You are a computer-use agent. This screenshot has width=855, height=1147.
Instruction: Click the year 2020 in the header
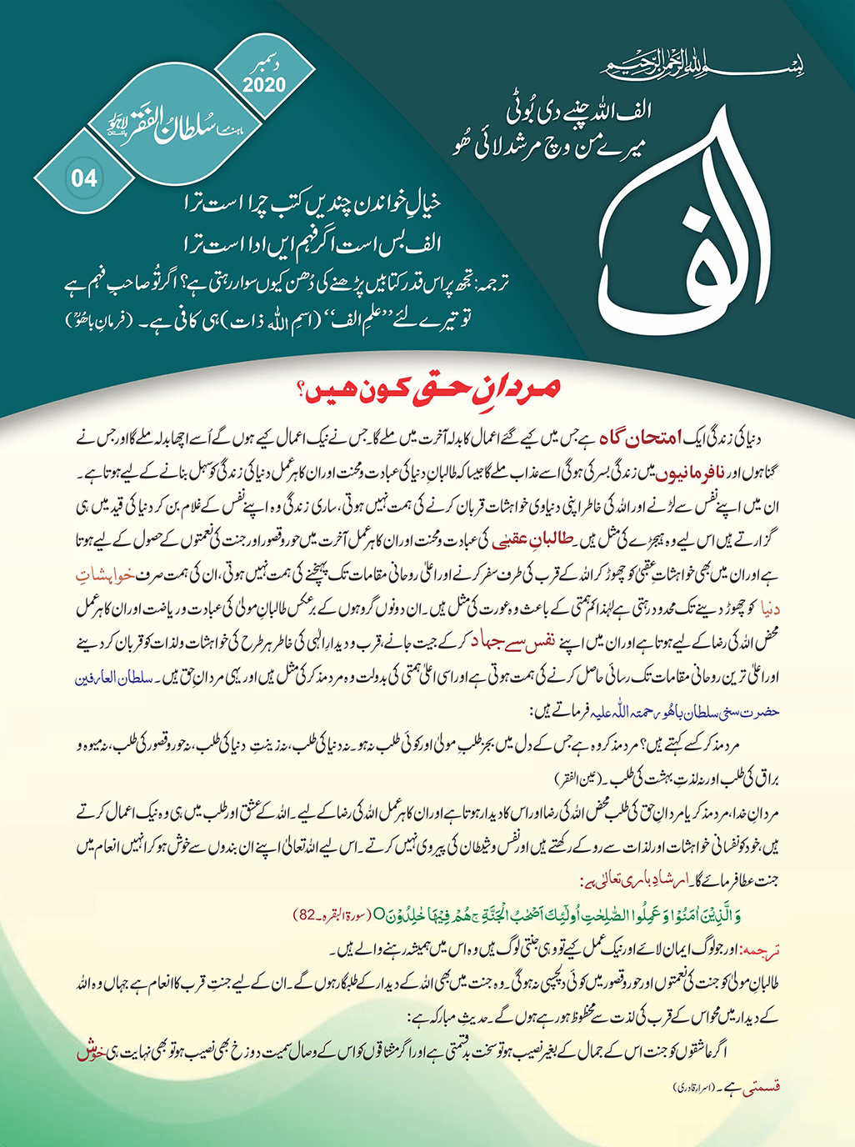pyautogui.click(x=264, y=83)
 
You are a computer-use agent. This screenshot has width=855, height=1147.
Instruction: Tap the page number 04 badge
pyautogui.click(x=85, y=178)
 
